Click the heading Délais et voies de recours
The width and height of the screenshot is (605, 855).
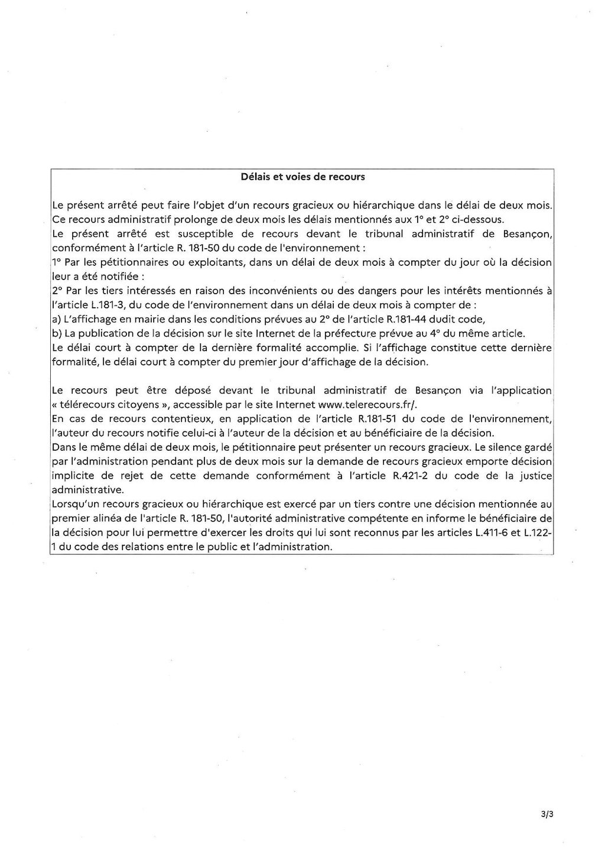point(303,177)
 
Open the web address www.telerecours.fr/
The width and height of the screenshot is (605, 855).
point(367,405)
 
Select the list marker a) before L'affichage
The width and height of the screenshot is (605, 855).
point(56,319)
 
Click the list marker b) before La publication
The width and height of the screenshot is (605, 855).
point(56,333)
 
